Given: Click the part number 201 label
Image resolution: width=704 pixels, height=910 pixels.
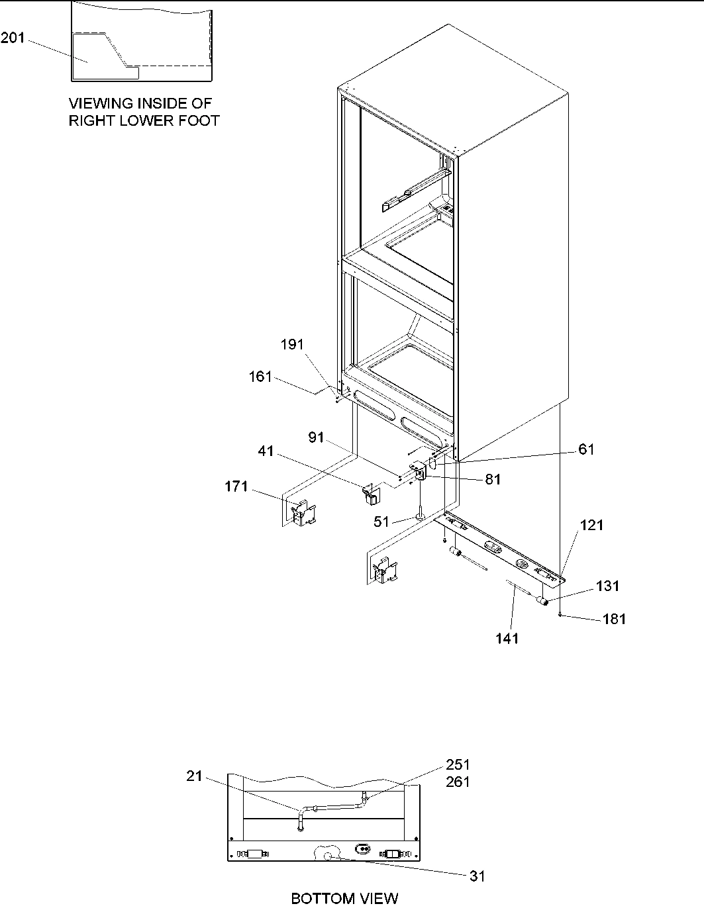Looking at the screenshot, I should (13, 38).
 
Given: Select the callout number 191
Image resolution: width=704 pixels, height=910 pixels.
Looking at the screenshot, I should (292, 344).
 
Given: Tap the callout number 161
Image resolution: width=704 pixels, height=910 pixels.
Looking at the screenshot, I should (260, 377).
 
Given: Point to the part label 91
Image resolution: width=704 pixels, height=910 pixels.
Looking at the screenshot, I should (317, 437).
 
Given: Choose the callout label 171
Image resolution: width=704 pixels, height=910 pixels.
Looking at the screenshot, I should (236, 486).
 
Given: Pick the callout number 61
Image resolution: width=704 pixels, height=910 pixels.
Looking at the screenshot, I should (586, 449).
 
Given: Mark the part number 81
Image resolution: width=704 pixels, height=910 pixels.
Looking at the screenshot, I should (493, 480).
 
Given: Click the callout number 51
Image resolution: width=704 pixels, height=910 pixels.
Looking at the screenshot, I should (381, 522).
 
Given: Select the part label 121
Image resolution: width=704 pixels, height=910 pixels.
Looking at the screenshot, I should (591, 525).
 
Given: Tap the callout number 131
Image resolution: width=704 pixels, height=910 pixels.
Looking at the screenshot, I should (608, 586).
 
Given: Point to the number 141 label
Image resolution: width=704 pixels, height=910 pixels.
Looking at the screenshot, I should (507, 638).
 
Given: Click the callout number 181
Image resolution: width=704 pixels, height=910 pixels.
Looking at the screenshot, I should (613, 619).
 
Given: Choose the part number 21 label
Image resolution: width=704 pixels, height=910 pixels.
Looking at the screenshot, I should (194, 776).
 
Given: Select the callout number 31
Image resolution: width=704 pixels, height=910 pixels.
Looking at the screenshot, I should (477, 876).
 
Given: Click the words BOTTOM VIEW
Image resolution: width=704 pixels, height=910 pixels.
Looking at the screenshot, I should (344, 898).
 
